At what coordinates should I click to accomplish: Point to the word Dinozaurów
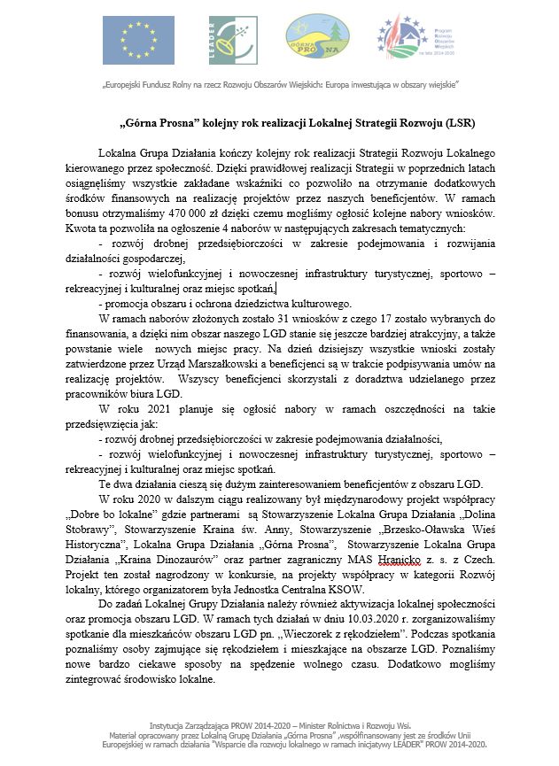[200, 546]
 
